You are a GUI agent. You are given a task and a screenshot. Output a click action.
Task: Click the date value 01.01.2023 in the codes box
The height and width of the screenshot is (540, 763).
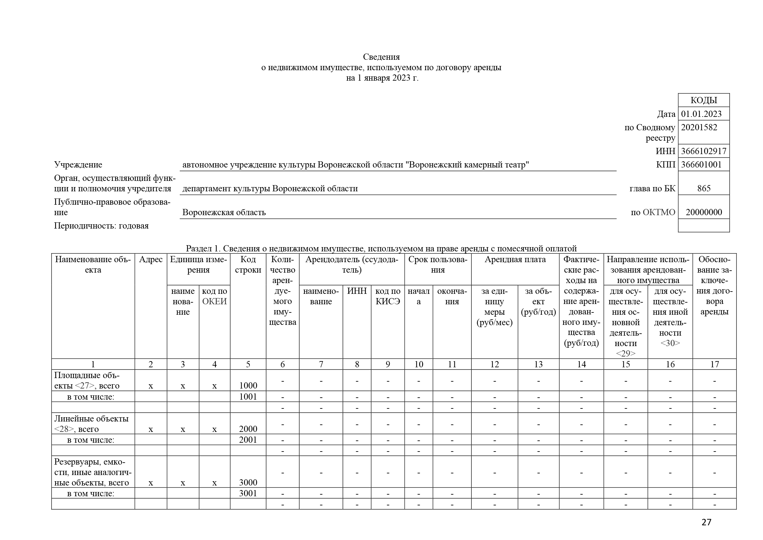(701, 114)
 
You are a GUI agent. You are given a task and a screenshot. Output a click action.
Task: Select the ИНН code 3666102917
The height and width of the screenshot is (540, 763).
(704, 151)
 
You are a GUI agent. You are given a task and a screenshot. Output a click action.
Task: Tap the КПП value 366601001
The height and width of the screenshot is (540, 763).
(701, 165)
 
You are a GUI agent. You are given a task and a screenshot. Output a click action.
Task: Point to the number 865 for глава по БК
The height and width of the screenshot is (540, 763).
(704, 188)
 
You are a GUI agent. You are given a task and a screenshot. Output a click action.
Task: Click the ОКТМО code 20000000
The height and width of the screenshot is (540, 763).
(704, 212)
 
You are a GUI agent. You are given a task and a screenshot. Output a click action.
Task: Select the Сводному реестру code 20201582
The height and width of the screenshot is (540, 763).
(699, 127)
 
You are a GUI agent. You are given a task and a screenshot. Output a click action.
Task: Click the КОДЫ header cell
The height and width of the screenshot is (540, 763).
(704, 100)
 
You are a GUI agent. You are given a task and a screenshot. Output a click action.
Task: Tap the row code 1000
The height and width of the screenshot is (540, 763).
(248, 385)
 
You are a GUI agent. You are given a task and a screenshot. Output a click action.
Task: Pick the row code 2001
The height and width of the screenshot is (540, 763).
(248, 439)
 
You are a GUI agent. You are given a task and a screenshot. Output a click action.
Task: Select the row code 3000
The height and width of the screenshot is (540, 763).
(248, 482)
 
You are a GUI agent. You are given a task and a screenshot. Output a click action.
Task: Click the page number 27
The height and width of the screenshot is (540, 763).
(706, 522)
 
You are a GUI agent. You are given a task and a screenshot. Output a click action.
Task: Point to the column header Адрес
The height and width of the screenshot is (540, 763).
(150, 259)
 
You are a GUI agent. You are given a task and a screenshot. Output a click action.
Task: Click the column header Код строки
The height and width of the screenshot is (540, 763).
(248, 265)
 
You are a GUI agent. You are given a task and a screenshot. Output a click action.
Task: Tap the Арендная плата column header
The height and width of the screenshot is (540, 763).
(515, 259)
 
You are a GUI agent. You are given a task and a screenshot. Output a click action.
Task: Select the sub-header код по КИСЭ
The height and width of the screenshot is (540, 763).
(388, 296)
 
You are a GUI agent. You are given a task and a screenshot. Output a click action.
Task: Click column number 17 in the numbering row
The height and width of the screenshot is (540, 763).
(714, 364)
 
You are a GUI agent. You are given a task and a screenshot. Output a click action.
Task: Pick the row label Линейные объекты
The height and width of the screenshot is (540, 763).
(91, 419)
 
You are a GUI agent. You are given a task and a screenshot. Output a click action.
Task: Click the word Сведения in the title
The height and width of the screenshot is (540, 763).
(381, 57)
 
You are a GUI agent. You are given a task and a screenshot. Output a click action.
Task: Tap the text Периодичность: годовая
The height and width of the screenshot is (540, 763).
(101, 226)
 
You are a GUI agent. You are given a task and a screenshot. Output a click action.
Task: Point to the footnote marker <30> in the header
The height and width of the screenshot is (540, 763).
(670, 343)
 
